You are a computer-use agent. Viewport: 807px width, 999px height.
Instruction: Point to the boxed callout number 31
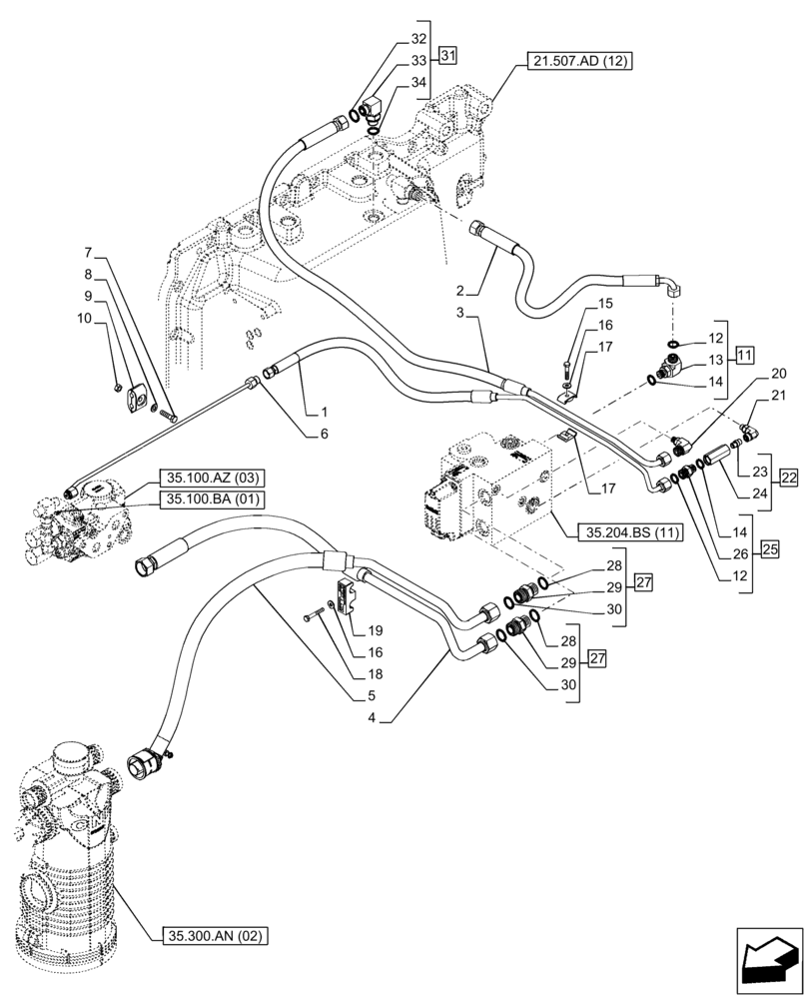click(447, 55)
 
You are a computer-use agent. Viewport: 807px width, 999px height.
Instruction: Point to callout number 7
click(88, 252)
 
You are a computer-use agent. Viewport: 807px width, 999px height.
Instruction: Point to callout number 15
click(605, 303)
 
